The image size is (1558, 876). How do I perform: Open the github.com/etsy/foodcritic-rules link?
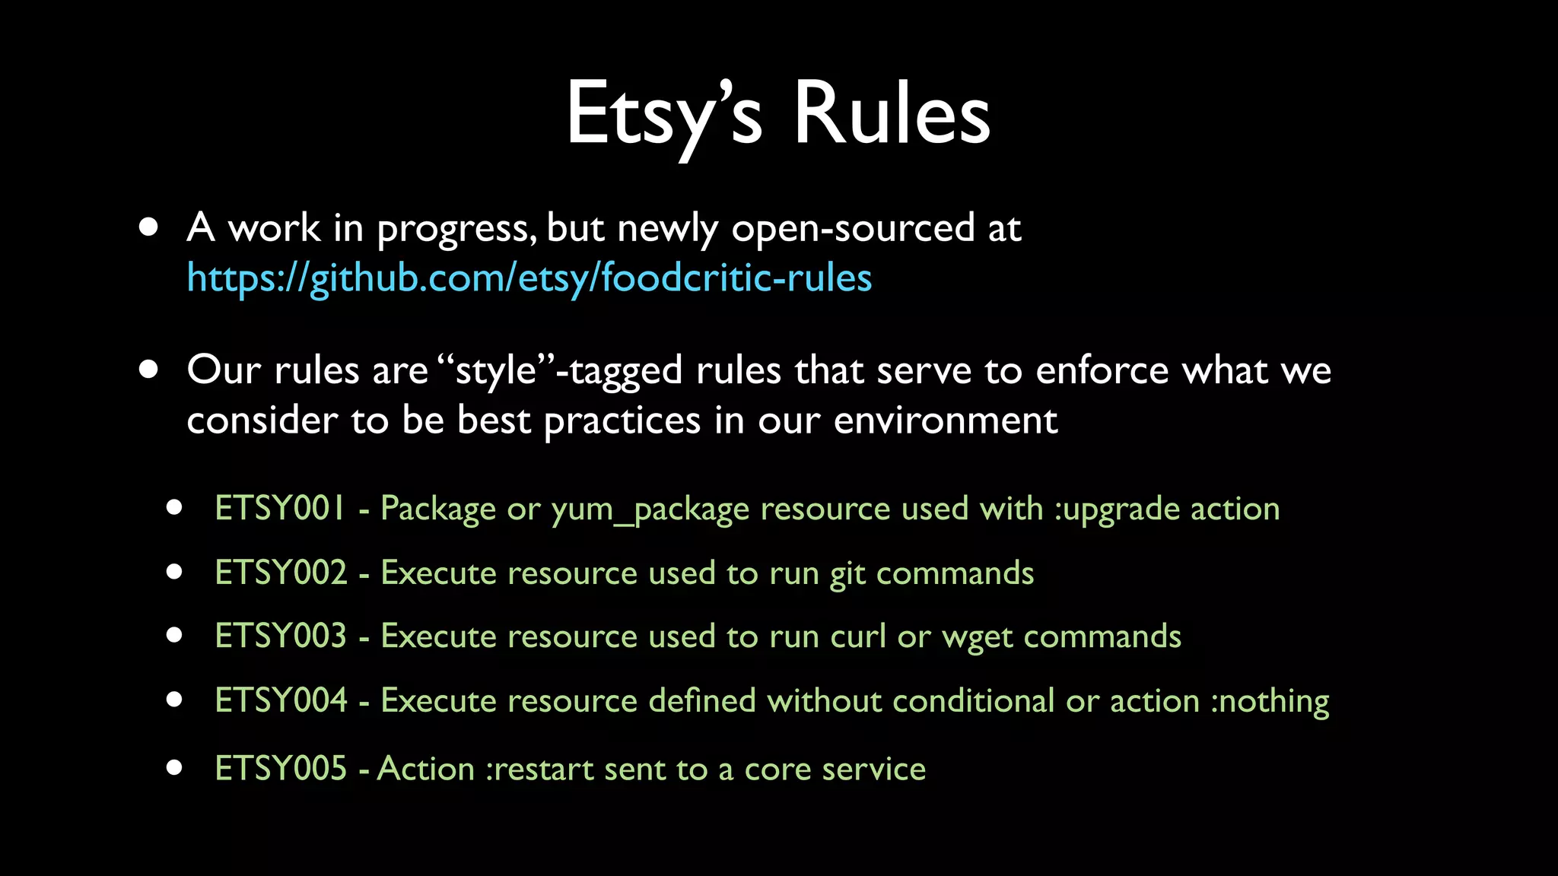coord(529,278)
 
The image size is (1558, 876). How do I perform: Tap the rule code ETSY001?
coord(280,508)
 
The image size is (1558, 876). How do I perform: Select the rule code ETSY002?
coord(280,573)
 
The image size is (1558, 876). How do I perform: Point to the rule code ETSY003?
coord(280,636)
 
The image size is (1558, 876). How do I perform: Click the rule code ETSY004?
coord(280,700)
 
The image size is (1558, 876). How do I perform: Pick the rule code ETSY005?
coord(280,768)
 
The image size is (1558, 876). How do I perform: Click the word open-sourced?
coord(853,228)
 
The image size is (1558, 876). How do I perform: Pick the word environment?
coord(945,421)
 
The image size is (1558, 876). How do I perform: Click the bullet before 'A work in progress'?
coord(149,227)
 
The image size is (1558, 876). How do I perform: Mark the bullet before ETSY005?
coord(174,767)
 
